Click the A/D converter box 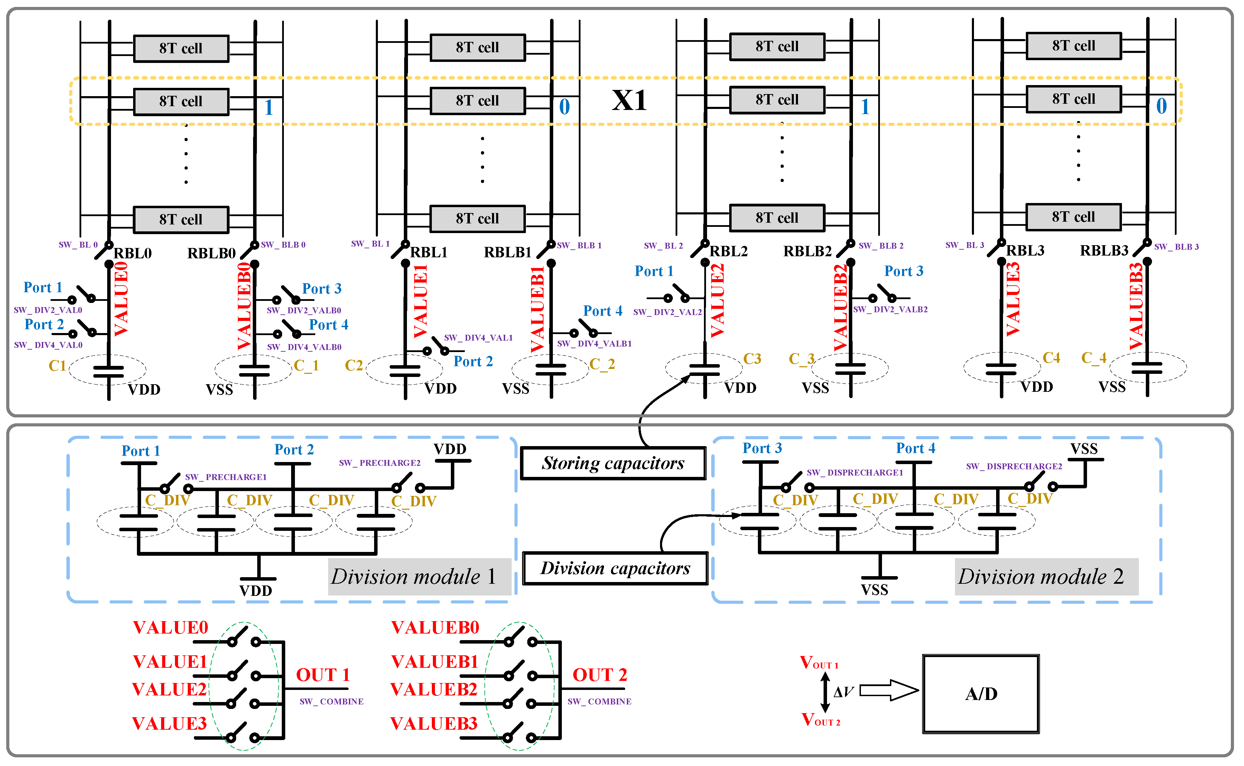tap(981, 694)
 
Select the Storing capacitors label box tap(613, 463)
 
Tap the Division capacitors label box tap(615, 569)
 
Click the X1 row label tap(629, 100)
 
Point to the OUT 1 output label tap(323, 675)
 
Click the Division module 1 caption tap(413, 576)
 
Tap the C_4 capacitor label tap(1094, 358)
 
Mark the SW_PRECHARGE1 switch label tap(225, 477)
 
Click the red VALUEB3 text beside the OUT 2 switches tap(434, 723)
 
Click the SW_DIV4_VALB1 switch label tap(594, 343)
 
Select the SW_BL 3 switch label tap(964, 245)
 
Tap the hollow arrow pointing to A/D tap(889, 690)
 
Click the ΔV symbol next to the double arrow tap(843, 692)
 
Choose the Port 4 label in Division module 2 tap(915, 448)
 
